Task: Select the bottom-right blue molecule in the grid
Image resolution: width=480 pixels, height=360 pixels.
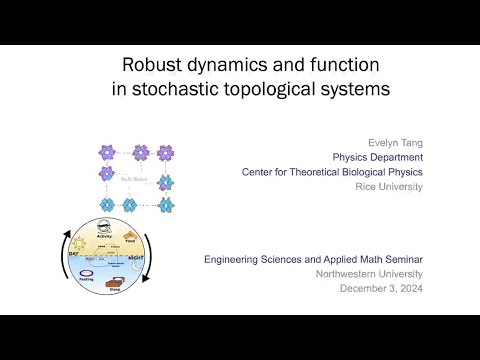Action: pos(168,204)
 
